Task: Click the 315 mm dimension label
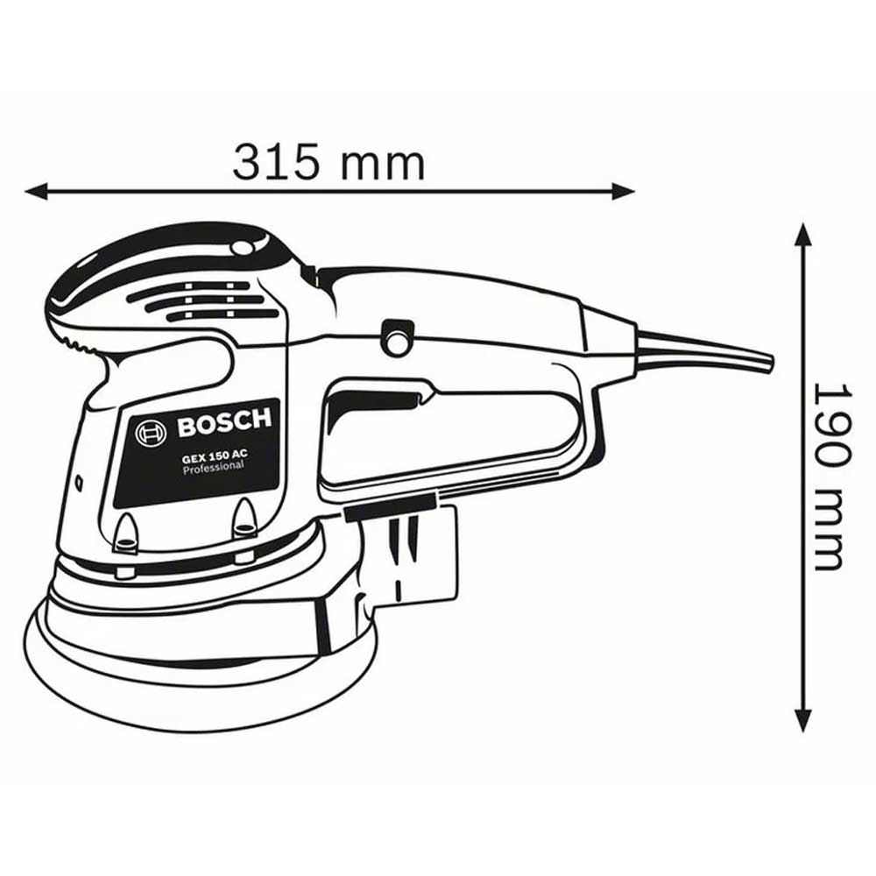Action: click(x=328, y=163)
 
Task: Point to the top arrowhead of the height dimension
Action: click(x=803, y=235)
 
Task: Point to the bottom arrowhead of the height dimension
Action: click(x=803, y=718)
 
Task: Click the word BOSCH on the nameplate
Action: click(x=224, y=423)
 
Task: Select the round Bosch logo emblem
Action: click(x=151, y=433)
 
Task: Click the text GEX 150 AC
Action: click(x=214, y=456)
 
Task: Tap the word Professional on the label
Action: click(x=214, y=467)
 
